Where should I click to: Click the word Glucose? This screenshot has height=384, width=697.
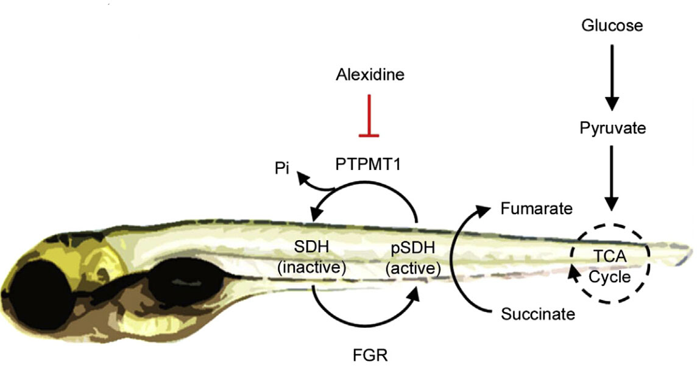pos(612,26)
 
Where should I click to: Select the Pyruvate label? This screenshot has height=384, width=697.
pos(612,129)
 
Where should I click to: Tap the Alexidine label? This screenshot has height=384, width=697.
pos(370,76)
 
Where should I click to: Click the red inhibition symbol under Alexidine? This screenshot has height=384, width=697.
pos(369,116)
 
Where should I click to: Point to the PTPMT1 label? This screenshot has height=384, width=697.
pos(368,164)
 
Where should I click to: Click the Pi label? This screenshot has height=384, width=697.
pos(281,169)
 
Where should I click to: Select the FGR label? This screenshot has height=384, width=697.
pos(370,354)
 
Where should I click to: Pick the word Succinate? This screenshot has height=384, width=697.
pos(538,314)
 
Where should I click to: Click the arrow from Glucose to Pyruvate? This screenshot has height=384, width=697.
pos(612,76)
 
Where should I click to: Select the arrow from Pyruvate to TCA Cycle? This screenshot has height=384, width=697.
pos(612,177)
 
